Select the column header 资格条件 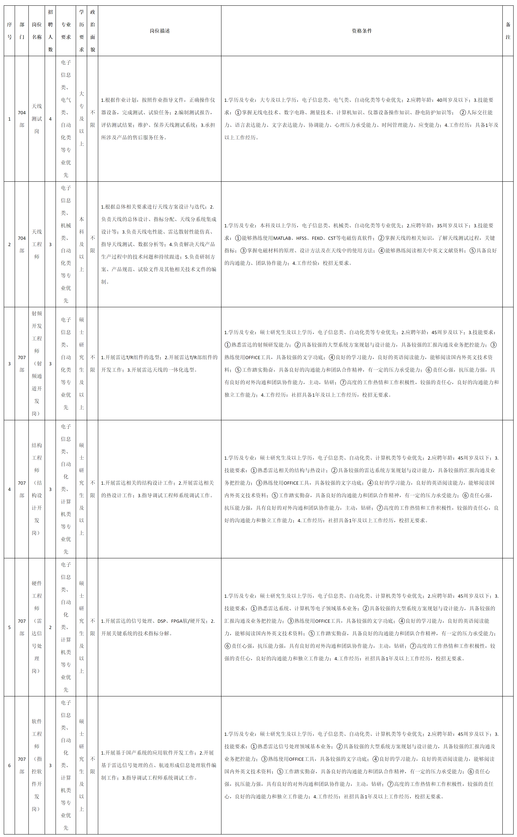362,31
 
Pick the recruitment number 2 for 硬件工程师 50,627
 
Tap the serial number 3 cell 9,364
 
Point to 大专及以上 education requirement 81,119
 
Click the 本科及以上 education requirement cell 81,244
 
